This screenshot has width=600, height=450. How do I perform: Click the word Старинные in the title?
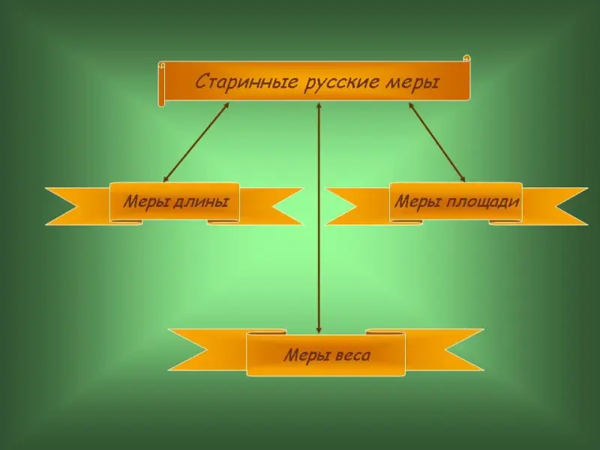pyautogui.click(x=246, y=82)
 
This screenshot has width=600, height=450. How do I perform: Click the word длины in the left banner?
pyautogui.click(x=201, y=202)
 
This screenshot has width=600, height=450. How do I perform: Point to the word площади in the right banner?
pyautogui.click(x=483, y=202)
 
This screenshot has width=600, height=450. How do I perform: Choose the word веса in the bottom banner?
pyautogui.click(x=352, y=355)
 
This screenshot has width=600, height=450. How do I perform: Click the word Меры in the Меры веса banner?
pyautogui.click(x=307, y=355)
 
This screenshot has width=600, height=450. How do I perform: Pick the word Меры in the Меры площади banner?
pyautogui.click(x=418, y=202)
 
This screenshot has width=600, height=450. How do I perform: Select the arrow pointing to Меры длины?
pyautogui.click(x=196, y=142)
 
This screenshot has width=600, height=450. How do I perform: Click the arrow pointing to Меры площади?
pyautogui.click(x=436, y=142)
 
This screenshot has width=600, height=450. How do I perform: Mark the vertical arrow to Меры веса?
pyautogui.click(x=318, y=217)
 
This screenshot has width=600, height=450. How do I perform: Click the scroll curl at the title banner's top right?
pyautogui.click(x=466, y=58)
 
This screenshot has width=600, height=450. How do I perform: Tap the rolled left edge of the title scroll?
pyautogui.click(x=161, y=84)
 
